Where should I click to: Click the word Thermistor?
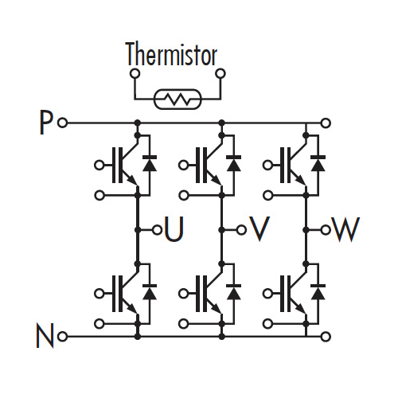click(x=172, y=54)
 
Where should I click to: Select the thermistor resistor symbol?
click(x=178, y=99)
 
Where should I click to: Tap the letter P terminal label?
click(x=45, y=123)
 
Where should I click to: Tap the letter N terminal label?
click(x=45, y=335)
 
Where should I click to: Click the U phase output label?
click(x=174, y=228)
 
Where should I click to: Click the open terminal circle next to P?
click(x=63, y=123)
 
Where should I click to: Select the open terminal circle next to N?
click(x=63, y=337)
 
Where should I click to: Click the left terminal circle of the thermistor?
click(x=135, y=73)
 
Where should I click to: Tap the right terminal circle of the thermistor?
click(x=220, y=73)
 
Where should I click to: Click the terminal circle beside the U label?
click(x=157, y=230)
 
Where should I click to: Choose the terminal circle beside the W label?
click(x=326, y=230)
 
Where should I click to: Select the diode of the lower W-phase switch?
click(x=318, y=292)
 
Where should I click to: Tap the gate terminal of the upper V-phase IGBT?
click(x=183, y=166)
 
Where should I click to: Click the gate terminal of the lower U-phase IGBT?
click(x=99, y=294)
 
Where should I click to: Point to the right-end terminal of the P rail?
click(x=326, y=123)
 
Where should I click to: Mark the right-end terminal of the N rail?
click(x=326, y=337)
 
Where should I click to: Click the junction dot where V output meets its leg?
click(x=222, y=230)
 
